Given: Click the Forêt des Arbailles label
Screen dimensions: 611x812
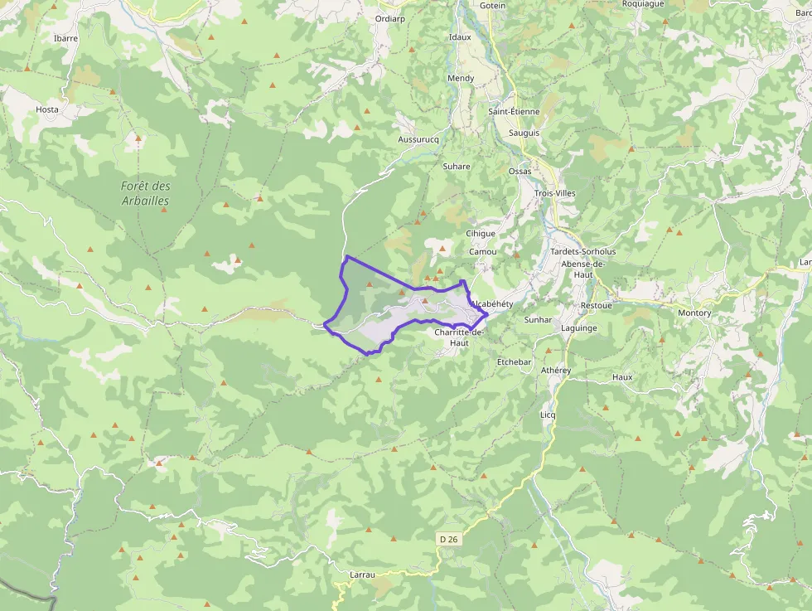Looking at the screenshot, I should click(146, 193).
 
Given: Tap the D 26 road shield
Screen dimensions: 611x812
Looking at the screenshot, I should click(448, 539).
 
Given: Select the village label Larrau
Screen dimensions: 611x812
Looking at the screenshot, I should click(363, 574).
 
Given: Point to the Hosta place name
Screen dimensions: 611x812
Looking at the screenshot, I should click(47, 109).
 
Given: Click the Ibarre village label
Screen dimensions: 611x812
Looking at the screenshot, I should click(65, 38).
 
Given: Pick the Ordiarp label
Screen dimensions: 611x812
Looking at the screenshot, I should click(389, 18).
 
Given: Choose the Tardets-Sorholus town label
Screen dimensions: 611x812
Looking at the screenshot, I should click(583, 251).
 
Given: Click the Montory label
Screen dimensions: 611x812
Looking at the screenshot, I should click(694, 313).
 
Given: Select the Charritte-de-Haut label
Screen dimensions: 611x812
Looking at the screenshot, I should click(458, 337).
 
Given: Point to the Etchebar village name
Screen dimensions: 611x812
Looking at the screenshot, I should click(514, 362).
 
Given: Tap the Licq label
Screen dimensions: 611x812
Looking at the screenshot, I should click(548, 415).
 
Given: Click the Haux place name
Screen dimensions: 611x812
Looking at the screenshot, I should click(622, 377).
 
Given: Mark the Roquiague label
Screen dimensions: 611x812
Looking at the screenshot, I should click(643, 4).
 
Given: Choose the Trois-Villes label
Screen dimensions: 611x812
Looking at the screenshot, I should click(555, 193).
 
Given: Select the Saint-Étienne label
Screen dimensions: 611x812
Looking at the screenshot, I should click(514, 111).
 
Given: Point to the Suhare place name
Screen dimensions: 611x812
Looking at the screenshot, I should click(457, 167).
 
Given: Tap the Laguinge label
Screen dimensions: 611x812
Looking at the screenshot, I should click(579, 328).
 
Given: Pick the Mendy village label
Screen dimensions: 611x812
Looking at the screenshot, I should click(461, 79).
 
